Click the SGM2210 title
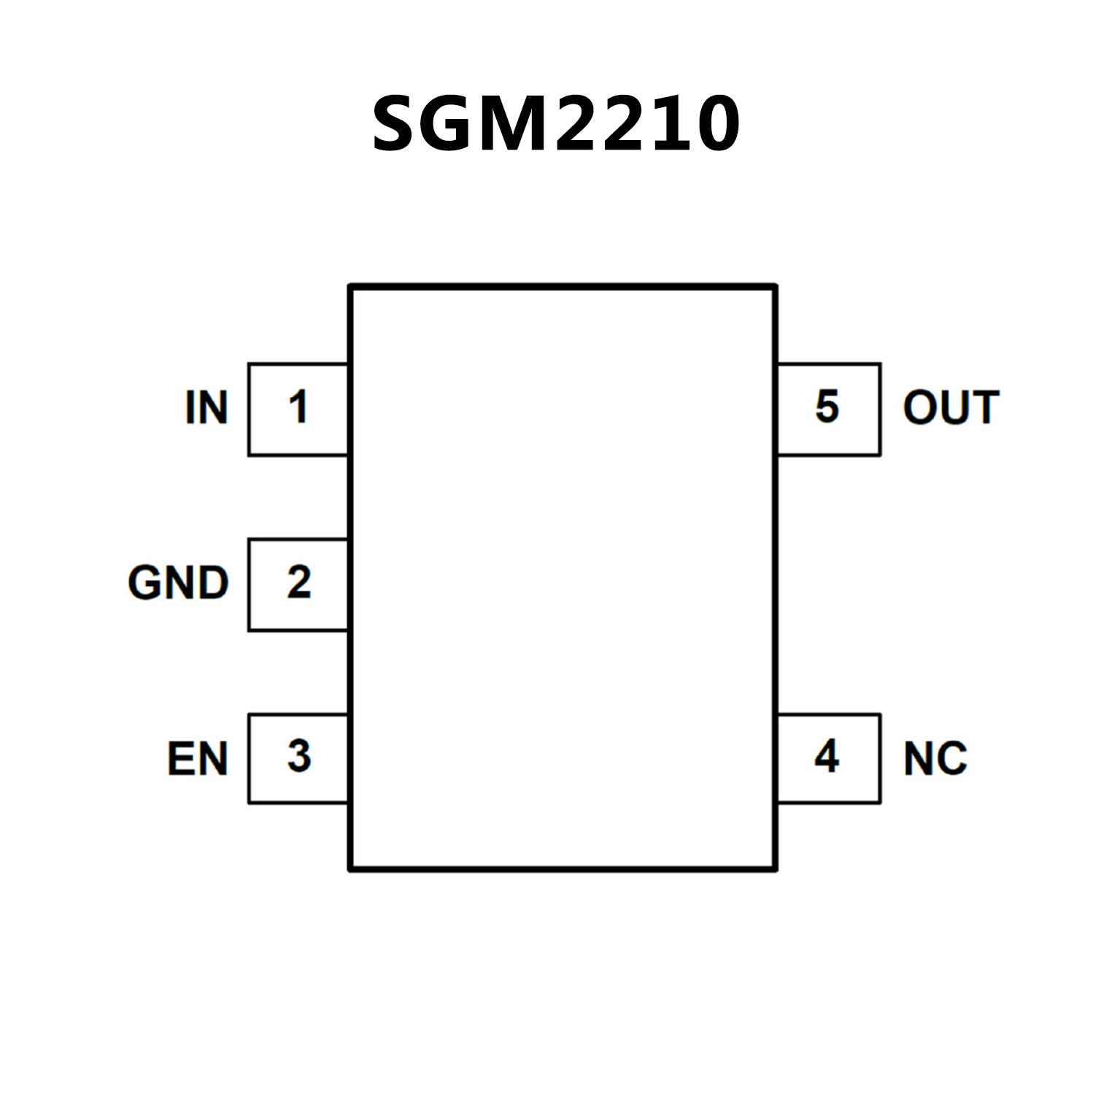click(556, 124)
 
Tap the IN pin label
click(206, 407)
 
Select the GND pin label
click(178, 583)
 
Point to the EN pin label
click(197, 759)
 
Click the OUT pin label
click(951, 407)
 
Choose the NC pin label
click(935, 759)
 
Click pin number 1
click(298, 407)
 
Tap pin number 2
click(298, 582)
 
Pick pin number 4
click(827, 757)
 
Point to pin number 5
click(827, 406)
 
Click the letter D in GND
click(212, 583)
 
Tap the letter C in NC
click(951, 759)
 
